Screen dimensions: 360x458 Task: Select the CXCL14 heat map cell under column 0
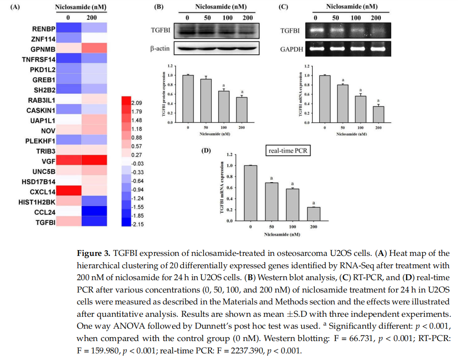click(68, 191)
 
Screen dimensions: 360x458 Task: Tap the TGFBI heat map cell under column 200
click(94, 221)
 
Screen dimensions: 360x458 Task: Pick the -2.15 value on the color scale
click(136, 224)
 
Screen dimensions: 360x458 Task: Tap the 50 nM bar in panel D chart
click(271, 201)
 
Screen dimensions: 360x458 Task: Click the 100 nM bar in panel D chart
click(291, 204)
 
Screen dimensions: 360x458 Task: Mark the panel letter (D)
click(206, 150)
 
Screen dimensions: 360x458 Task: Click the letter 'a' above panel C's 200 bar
click(378, 101)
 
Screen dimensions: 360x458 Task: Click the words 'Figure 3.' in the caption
click(94, 253)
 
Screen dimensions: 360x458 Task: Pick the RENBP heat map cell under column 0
click(68, 29)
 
